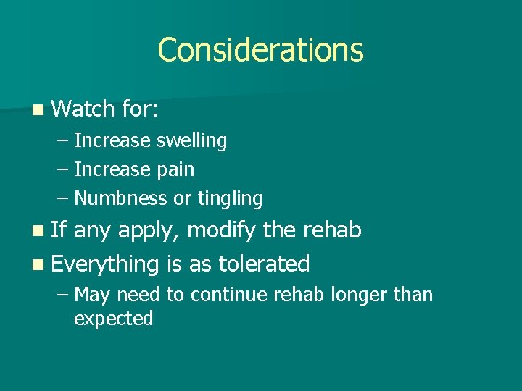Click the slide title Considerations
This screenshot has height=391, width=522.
pyautogui.click(x=260, y=50)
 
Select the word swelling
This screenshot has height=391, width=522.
pyautogui.click(x=191, y=140)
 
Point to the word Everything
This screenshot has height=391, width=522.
pyautogui.click(x=105, y=264)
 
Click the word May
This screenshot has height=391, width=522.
pyautogui.click(x=92, y=295)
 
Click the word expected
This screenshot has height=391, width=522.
pyautogui.click(x=113, y=319)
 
